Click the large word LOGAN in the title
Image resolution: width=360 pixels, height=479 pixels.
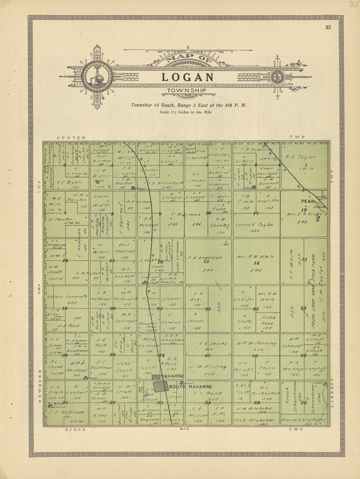(187, 77)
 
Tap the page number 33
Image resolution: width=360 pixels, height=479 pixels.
(328, 27)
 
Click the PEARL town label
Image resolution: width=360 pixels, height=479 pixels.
(309, 201)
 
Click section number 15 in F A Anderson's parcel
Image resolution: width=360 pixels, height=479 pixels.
(206, 261)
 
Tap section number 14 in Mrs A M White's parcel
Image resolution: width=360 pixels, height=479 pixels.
(256, 263)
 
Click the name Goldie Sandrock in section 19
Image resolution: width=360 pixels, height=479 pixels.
(67, 297)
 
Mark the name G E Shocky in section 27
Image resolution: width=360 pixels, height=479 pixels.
(209, 343)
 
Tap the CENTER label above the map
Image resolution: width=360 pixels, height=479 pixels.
(71, 138)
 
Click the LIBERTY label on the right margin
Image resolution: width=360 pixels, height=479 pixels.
(332, 393)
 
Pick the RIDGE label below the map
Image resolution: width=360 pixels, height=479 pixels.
(75, 430)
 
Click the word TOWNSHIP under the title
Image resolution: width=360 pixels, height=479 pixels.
(187, 90)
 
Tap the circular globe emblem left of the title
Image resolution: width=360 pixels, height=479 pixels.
(97, 77)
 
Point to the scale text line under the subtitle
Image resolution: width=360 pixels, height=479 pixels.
(186, 112)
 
